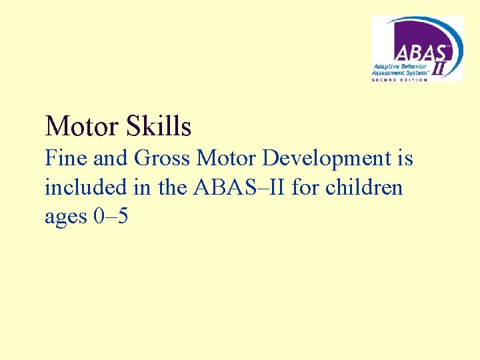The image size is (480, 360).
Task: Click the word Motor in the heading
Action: [x=78, y=126]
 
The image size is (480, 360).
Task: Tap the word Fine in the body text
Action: [x=64, y=159]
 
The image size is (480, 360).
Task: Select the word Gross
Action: [x=162, y=159]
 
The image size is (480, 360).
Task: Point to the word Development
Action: [x=323, y=159]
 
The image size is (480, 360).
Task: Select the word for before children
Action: [x=306, y=187]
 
